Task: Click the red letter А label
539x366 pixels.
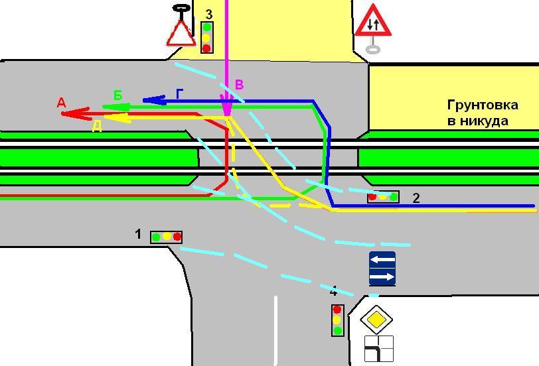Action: pyautogui.click(x=61, y=103)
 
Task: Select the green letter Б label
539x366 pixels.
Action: pyautogui.click(x=118, y=95)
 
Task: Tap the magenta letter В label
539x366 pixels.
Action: pyautogui.click(x=239, y=84)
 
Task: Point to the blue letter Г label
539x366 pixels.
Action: pyautogui.click(x=179, y=93)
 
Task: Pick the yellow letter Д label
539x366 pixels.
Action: pyautogui.click(x=97, y=127)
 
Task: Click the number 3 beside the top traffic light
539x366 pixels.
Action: pyautogui.click(x=208, y=15)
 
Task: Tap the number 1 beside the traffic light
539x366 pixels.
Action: pyautogui.click(x=138, y=234)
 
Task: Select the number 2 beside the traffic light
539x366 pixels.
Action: pyautogui.click(x=416, y=198)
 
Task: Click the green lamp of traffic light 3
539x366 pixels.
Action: pyautogui.click(x=206, y=27)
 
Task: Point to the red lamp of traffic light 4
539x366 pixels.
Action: pyautogui.click(x=337, y=310)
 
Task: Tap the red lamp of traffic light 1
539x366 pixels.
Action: pyautogui.click(x=177, y=237)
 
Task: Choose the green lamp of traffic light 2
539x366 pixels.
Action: pyautogui.click(x=394, y=197)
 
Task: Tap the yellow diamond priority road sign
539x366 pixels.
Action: pyautogui.click(x=377, y=320)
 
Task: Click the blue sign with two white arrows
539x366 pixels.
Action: pyautogui.click(x=382, y=269)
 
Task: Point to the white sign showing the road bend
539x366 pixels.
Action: pyautogui.click(x=378, y=349)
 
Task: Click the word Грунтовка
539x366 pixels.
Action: pyautogui.click(x=483, y=105)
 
